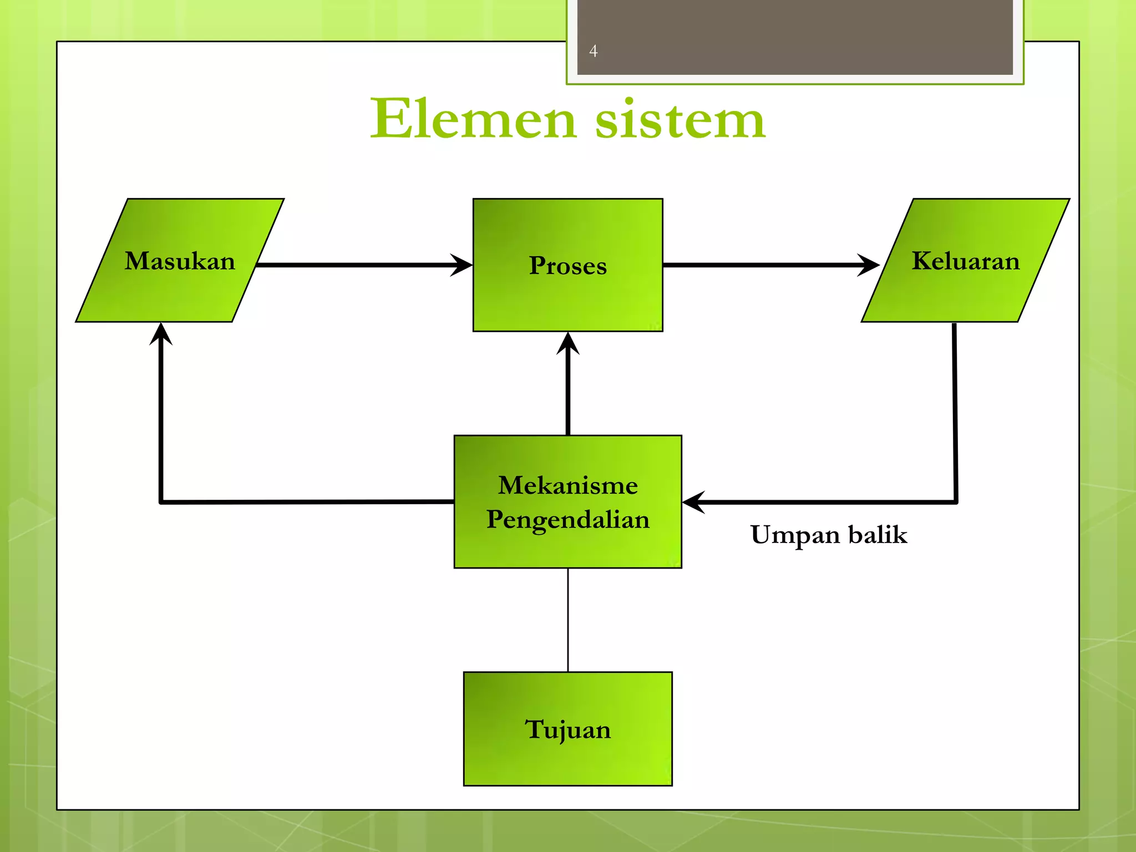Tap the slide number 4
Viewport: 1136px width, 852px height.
(593, 51)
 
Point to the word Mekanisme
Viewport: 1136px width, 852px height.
(567, 485)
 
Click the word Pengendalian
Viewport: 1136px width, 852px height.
(567, 520)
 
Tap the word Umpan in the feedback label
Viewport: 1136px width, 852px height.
(795, 535)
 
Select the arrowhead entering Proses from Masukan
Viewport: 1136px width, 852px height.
(461, 265)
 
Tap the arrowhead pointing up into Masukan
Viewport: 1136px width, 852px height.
(161, 333)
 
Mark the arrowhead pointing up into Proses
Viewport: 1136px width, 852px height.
(567, 343)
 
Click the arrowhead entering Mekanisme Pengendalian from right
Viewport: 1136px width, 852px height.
(693, 502)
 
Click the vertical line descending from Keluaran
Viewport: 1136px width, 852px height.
(955, 410)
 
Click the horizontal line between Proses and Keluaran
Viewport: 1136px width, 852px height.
(760, 265)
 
